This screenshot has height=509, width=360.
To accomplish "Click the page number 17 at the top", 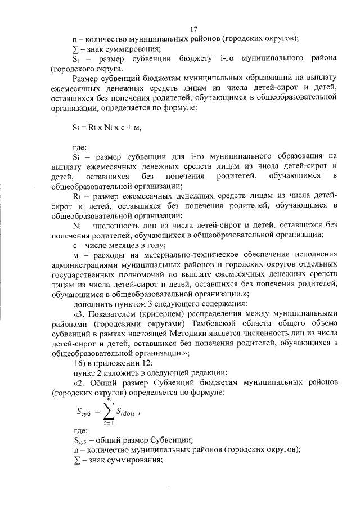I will coord(194,30).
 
